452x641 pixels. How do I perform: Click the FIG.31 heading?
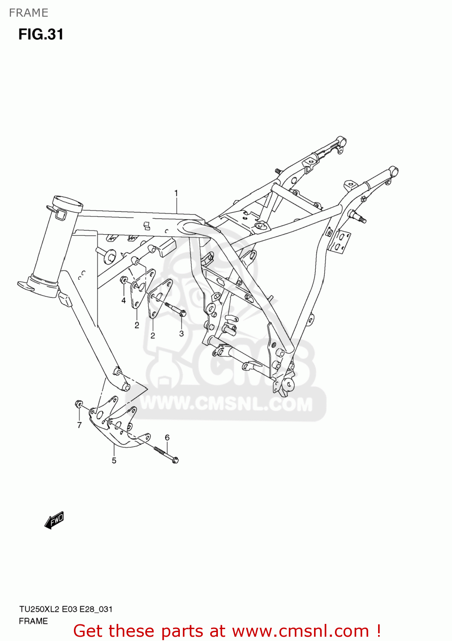pyautogui.click(x=41, y=34)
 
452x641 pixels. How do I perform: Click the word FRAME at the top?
pyautogui.click(x=29, y=13)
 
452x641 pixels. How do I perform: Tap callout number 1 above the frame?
pyautogui.click(x=176, y=193)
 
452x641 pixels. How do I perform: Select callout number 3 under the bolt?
pyautogui.click(x=182, y=333)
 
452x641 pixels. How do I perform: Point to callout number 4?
pyautogui.click(x=123, y=300)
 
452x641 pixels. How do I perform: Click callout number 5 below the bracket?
pyautogui.click(x=114, y=460)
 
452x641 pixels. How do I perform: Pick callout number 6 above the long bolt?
pyautogui.click(x=167, y=437)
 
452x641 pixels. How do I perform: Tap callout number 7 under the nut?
pyautogui.click(x=79, y=425)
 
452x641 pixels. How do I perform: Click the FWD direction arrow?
pyautogui.click(x=54, y=520)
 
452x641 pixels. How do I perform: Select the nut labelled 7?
pyautogui.click(x=79, y=404)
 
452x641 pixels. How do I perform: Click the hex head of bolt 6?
pyautogui.click(x=175, y=460)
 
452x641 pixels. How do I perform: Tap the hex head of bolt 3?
pyautogui.click(x=183, y=313)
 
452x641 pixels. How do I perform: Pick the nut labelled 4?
pyautogui.click(x=124, y=280)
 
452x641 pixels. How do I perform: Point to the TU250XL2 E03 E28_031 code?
pyautogui.click(x=65, y=609)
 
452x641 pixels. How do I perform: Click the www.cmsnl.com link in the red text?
pyautogui.click(x=300, y=631)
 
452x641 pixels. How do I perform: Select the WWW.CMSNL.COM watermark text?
pyautogui.click(x=226, y=404)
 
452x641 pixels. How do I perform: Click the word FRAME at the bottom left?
pyautogui.click(x=33, y=621)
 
